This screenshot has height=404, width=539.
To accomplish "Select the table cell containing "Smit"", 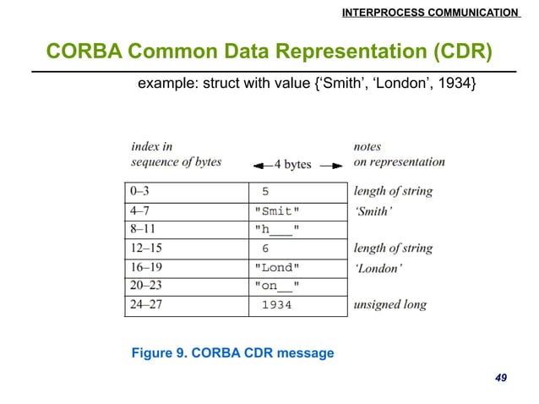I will pyautogui.click(x=277, y=210).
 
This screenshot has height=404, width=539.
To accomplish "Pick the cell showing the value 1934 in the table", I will pyautogui.click(x=276, y=305).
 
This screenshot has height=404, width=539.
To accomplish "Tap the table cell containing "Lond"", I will pyautogui.click(x=277, y=268).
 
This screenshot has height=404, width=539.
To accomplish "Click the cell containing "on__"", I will pyautogui.click(x=277, y=287).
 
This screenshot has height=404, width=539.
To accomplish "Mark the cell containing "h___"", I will pyautogui.click(x=277, y=229).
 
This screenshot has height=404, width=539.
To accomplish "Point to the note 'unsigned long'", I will pyautogui.click(x=390, y=305).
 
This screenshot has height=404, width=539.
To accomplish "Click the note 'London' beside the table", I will pyautogui.click(x=378, y=268).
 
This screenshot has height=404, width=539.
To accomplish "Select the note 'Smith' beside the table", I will pyautogui.click(x=373, y=210).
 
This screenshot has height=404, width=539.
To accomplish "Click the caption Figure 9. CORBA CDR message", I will pyautogui.click(x=233, y=352).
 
